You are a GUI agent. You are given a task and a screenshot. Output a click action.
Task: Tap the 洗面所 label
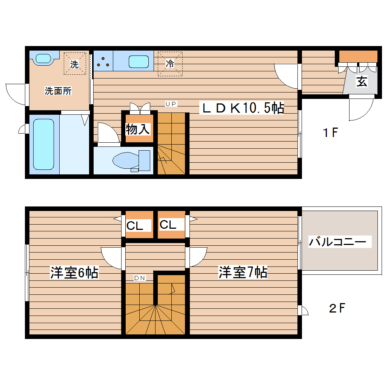pos(58,91)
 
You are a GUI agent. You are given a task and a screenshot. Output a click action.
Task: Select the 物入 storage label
pos(138,129)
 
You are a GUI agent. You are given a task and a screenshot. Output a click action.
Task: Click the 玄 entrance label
pos(362,82)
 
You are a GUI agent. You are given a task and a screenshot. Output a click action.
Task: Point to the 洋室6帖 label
pos(74,272)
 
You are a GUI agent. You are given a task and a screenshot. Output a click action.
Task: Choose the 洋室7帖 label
pos(243,272)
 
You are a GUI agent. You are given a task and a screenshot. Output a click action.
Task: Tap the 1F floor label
pos(330,133)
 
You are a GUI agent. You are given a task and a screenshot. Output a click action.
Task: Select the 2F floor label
pos(337,308)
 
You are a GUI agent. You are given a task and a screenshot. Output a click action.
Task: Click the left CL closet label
pos(135,226)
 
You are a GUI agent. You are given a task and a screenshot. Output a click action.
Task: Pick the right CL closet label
pos(168,225)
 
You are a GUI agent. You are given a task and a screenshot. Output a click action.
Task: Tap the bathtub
pos(43,144)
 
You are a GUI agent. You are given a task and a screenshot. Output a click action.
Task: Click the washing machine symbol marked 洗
pos(75,64)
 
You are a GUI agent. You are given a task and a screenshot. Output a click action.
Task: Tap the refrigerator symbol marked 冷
pos(170,64)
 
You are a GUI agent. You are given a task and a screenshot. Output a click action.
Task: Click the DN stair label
pos(139,278)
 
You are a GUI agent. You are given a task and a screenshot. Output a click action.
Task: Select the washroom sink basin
pos(43,59)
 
